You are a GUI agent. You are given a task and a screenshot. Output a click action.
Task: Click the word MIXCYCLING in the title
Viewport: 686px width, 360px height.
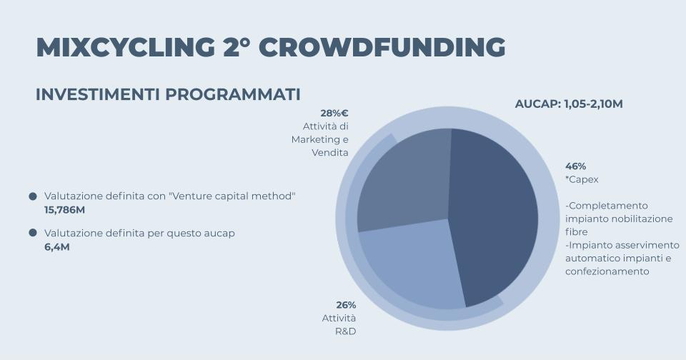pyautogui.click(x=126, y=47)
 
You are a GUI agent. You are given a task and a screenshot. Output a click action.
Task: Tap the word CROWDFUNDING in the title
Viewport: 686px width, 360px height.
pyautogui.click(x=382, y=47)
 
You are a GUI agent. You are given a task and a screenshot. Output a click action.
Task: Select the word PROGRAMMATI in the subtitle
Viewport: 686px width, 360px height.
pyautogui.click(x=233, y=94)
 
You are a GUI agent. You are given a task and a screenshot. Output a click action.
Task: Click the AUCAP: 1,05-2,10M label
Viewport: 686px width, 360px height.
pyautogui.click(x=569, y=104)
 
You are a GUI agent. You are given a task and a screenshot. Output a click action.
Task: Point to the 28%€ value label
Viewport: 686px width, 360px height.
pyautogui.click(x=334, y=114)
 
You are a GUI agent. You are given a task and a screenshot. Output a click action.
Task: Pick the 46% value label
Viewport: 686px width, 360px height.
pyautogui.click(x=575, y=166)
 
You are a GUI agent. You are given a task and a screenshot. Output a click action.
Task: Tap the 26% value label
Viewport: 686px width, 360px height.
pyautogui.click(x=346, y=305)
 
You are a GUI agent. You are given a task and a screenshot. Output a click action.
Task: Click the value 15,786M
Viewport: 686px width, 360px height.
pyautogui.click(x=65, y=210)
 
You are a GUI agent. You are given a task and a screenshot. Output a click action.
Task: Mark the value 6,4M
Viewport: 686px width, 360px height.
pyautogui.click(x=57, y=247)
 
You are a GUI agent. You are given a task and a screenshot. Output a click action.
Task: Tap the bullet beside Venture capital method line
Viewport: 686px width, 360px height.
pyautogui.click(x=33, y=196)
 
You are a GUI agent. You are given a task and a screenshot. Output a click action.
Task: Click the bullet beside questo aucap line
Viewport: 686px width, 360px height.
pyautogui.click(x=33, y=233)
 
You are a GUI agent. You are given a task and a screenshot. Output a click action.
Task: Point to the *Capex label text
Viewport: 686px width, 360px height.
pyautogui.click(x=582, y=180)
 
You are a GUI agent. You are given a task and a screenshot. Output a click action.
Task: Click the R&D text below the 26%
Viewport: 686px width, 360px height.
pyautogui.click(x=346, y=331)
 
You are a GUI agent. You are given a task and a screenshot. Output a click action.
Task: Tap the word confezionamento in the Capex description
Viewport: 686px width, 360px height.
pyautogui.click(x=607, y=271)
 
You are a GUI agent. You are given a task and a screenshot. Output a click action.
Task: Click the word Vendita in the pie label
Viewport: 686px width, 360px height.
pyautogui.click(x=330, y=153)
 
